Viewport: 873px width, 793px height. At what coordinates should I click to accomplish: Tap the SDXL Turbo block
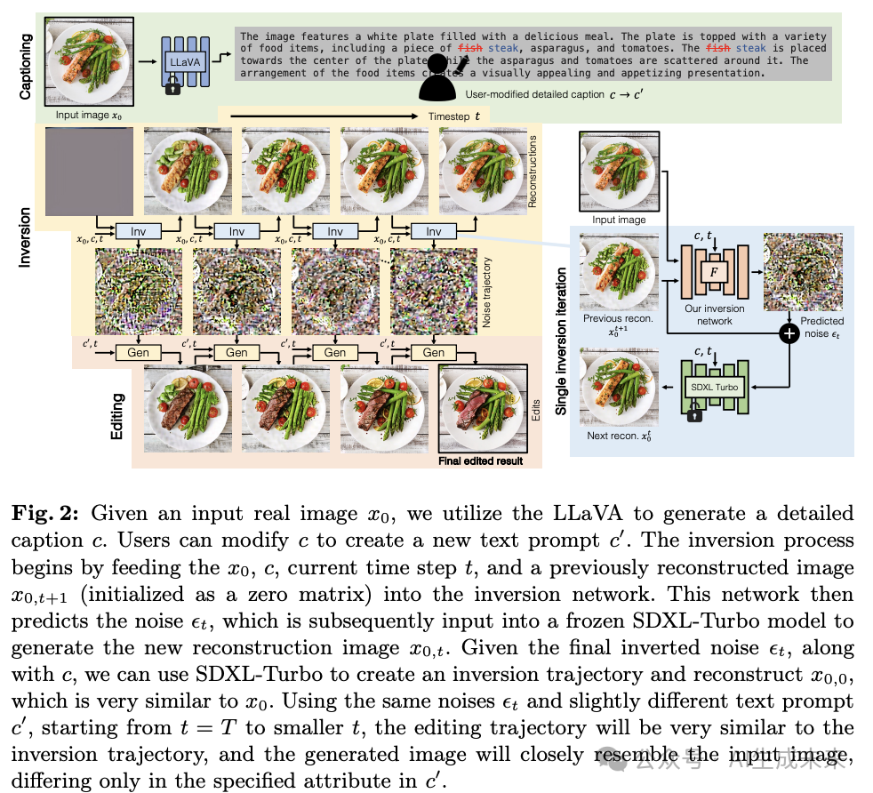[712, 387]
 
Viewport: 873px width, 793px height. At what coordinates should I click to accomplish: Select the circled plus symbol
[788, 333]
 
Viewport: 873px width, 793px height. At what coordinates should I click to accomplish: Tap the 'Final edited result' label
[480, 461]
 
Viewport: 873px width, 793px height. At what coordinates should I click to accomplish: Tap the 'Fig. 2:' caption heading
[52, 514]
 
